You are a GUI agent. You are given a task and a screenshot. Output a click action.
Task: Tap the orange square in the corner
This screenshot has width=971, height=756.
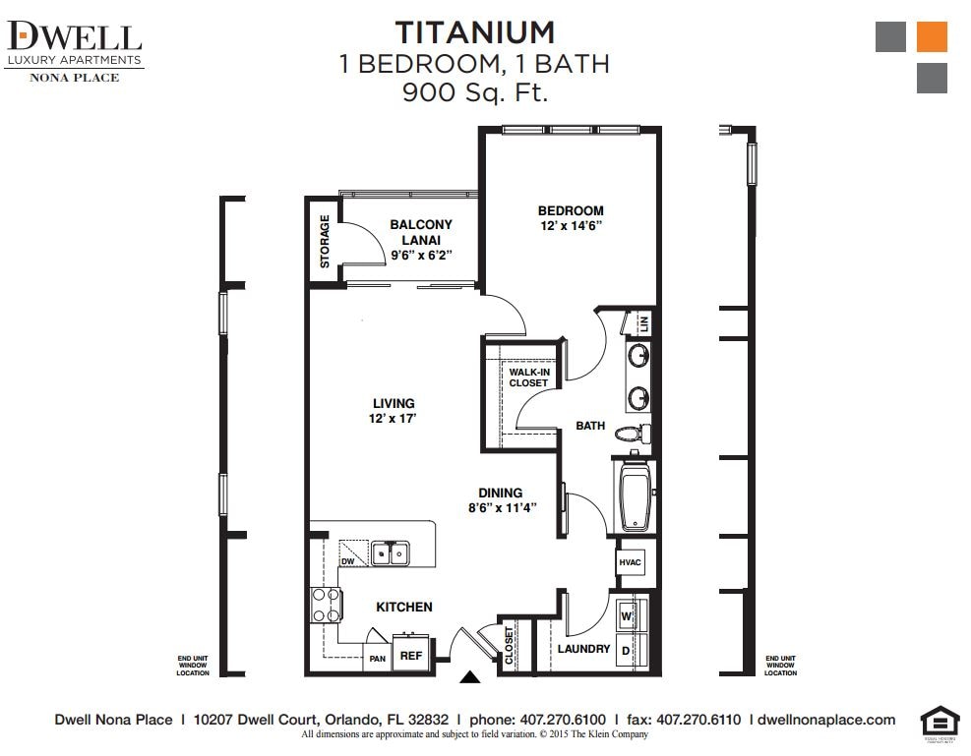pyautogui.click(x=931, y=36)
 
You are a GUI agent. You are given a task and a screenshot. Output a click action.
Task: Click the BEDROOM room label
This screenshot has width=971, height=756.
pyautogui.click(x=571, y=210)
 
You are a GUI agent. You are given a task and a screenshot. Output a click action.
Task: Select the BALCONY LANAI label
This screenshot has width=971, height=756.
pyautogui.click(x=421, y=231)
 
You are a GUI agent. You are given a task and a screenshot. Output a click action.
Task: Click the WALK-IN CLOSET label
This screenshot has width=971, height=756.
pyautogui.click(x=528, y=378)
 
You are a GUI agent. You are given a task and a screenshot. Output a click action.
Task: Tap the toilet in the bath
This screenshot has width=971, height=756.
pyautogui.click(x=630, y=433)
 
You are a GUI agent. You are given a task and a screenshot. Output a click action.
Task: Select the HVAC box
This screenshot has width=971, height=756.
pyautogui.click(x=630, y=562)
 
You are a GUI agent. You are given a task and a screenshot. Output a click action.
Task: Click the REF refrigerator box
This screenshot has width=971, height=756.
pyautogui.click(x=410, y=654)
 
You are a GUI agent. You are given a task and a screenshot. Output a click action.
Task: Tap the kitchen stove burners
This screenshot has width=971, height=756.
pyautogui.click(x=326, y=606)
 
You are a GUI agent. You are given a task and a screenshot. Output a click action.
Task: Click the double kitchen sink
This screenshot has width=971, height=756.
pyautogui.click(x=391, y=553)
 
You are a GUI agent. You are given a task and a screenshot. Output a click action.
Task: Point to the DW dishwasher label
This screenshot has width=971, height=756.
pyautogui.click(x=347, y=561)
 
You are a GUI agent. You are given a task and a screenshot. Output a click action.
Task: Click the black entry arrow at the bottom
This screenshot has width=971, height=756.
pyautogui.click(x=470, y=676)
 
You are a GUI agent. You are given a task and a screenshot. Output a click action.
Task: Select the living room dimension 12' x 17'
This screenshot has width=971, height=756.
pyautogui.click(x=394, y=419)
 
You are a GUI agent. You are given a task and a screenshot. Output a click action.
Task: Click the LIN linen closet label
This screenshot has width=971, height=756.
pyautogui.click(x=644, y=322)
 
